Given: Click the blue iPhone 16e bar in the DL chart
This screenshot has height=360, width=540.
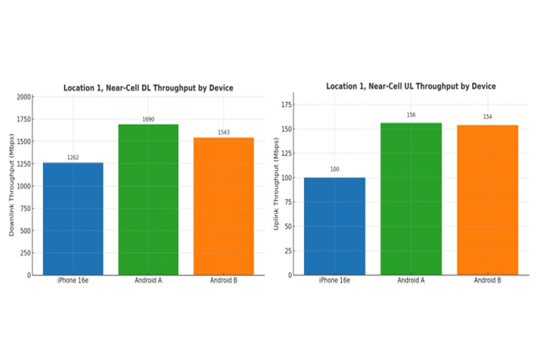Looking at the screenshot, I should pyautogui.click(x=73, y=219).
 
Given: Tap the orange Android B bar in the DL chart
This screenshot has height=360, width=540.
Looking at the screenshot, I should pyautogui.click(x=224, y=206).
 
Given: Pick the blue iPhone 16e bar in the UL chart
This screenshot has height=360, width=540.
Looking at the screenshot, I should pyautogui.click(x=334, y=226).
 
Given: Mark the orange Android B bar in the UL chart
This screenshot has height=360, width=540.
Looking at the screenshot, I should pyautogui.click(x=487, y=200).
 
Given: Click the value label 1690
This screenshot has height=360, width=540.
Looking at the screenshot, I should pyautogui.click(x=148, y=120).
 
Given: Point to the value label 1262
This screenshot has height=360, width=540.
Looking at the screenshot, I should pyautogui.click(x=73, y=158).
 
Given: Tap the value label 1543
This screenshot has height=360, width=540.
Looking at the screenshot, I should pyautogui.click(x=224, y=133).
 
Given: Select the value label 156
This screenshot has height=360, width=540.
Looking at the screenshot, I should pyautogui.click(x=411, y=115).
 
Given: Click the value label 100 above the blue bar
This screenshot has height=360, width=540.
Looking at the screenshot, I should pyautogui.click(x=334, y=170).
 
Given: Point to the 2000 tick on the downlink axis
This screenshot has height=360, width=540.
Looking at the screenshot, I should pyautogui.click(x=24, y=98).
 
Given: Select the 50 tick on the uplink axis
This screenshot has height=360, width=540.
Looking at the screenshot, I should pyautogui.click(x=287, y=227).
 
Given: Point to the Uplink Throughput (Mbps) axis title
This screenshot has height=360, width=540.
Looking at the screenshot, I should pyautogui.click(x=276, y=188).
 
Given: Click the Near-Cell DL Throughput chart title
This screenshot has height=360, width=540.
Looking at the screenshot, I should pyautogui.click(x=148, y=88).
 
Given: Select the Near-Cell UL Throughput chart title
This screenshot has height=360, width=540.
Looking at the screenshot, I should pyautogui.click(x=411, y=86).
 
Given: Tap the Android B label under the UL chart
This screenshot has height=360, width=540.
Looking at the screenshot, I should pyautogui.click(x=487, y=280).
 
